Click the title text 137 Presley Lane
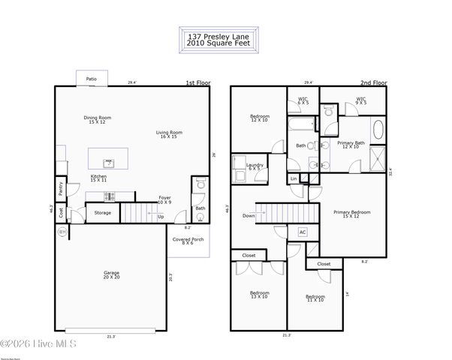221,35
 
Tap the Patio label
91,78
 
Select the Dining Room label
97,119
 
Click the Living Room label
169,134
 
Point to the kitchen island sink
108,161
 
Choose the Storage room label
103,213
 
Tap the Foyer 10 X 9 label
164,199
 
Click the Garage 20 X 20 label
111,274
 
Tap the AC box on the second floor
303,232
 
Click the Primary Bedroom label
351,214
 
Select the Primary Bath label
351,144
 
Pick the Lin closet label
294,178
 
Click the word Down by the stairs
249,216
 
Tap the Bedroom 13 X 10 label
259,294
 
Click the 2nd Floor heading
372,83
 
